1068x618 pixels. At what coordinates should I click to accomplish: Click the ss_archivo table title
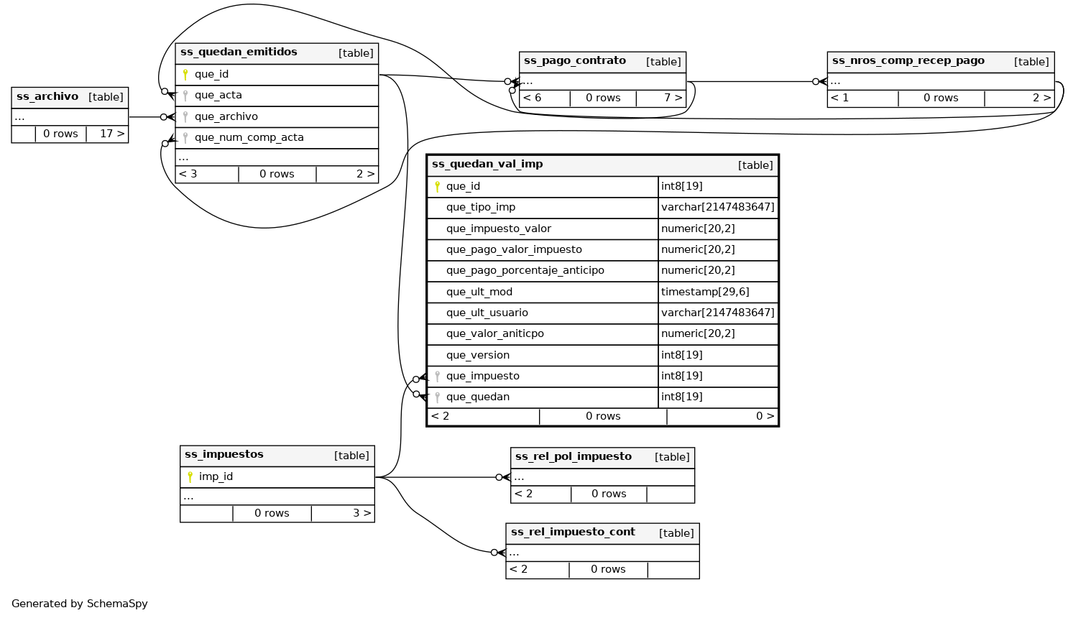coord(47,97)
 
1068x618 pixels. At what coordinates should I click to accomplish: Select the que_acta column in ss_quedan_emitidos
coord(218,96)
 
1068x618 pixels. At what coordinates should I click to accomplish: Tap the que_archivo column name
coord(226,116)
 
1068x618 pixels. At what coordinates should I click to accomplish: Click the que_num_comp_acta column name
coord(249,137)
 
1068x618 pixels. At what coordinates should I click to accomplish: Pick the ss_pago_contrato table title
coord(574,61)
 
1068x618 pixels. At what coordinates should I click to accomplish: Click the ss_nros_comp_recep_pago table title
coord(908,61)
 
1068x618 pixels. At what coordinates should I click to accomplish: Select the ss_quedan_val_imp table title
coord(487,165)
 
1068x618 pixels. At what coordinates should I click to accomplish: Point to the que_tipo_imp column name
coord(480,208)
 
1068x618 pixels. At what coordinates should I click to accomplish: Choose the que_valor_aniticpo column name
coord(494,334)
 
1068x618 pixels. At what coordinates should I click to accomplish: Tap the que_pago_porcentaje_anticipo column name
coord(525,271)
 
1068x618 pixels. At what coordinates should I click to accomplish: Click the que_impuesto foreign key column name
coord(482,376)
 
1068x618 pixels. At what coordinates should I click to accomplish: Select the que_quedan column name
coord(477,397)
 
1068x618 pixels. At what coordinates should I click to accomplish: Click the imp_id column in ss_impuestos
coord(216,477)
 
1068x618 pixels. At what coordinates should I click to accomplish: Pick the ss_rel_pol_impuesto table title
coord(573,457)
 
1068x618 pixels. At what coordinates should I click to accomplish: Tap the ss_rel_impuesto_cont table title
coord(572,532)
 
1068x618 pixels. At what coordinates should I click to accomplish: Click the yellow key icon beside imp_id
coord(190,477)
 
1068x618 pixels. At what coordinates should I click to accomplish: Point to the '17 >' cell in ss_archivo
coord(111,134)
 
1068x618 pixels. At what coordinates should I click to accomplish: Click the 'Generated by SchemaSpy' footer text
coord(79,604)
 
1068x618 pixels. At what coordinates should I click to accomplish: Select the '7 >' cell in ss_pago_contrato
coord(672,98)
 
